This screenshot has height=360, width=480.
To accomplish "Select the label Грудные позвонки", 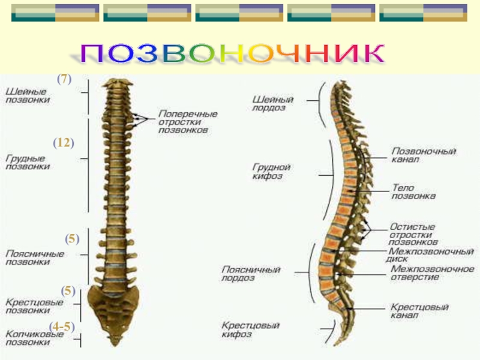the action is [28, 163].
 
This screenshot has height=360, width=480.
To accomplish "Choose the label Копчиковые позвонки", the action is [35, 338].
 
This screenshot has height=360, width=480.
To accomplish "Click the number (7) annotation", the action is [64, 79].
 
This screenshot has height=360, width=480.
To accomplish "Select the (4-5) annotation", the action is [62, 327].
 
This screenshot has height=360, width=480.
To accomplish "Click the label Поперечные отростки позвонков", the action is [188, 121].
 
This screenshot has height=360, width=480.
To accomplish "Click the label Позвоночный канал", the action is [424, 156].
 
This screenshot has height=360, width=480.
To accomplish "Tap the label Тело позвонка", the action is [413, 191].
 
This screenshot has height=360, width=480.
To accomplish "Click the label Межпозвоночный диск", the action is [430, 255].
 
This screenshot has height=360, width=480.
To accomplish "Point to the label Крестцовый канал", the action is [419, 310].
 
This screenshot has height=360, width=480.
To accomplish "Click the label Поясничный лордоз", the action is [250, 274].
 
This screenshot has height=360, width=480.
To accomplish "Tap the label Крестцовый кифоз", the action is [250, 329].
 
